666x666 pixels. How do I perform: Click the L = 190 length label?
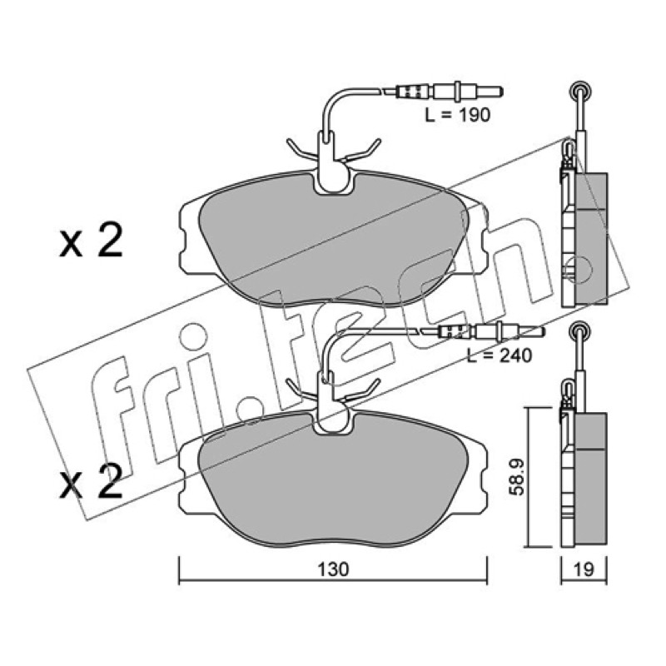point(457,115)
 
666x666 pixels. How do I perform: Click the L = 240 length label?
point(499,355)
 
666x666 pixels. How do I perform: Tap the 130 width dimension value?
point(334,569)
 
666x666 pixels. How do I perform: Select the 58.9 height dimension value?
point(516,477)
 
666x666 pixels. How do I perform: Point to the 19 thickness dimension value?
point(584,569)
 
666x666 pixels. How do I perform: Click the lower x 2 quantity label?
point(91,481)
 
